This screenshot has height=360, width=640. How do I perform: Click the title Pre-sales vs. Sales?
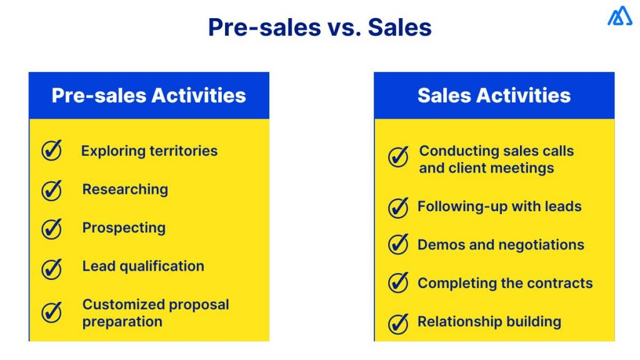click(x=319, y=28)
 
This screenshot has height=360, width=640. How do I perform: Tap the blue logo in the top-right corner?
click(x=619, y=16)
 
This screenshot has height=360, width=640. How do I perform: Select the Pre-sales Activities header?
click(x=149, y=96)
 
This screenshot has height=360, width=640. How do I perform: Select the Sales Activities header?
click(x=494, y=96)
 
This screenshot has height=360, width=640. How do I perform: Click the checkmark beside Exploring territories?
click(x=52, y=151)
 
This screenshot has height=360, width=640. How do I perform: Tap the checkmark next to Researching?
click(x=52, y=190)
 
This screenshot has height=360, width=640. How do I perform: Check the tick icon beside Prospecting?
click(x=52, y=229)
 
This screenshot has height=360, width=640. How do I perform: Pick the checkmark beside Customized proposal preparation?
click(x=52, y=312)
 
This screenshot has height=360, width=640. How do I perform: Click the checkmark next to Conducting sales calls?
click(x=398, y=157)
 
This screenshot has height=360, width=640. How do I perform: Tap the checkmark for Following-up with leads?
click(x=398, y=207)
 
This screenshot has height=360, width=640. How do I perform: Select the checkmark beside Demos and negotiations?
click(x=398, y=245)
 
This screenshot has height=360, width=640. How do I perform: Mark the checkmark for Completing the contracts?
click(x=398, y=283)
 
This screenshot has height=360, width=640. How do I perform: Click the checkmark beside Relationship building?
click(x=398, y=322)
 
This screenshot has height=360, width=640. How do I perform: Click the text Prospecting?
click(x=124, y=228)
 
